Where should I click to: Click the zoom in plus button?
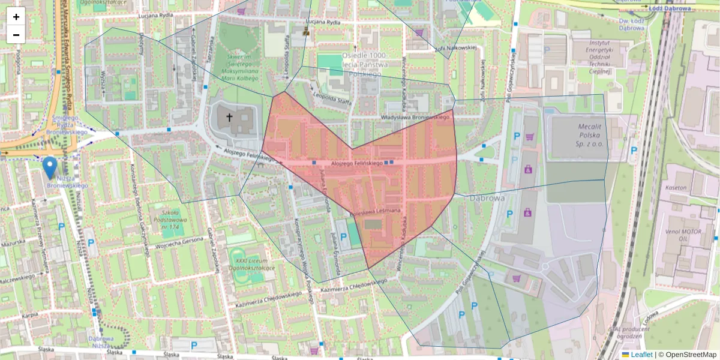tap(16, 16)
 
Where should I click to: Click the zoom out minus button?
tap(16, 35)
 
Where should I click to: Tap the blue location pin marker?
tap(50, 167)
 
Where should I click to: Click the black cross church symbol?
tap(229, 117)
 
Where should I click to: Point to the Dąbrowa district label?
tap(487, 197)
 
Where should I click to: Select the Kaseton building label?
tap(676, 188)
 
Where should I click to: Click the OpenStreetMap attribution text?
tap(687, 355)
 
